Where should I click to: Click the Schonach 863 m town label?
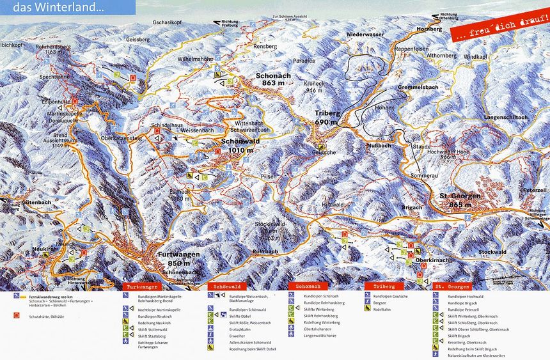coord(273,79)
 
